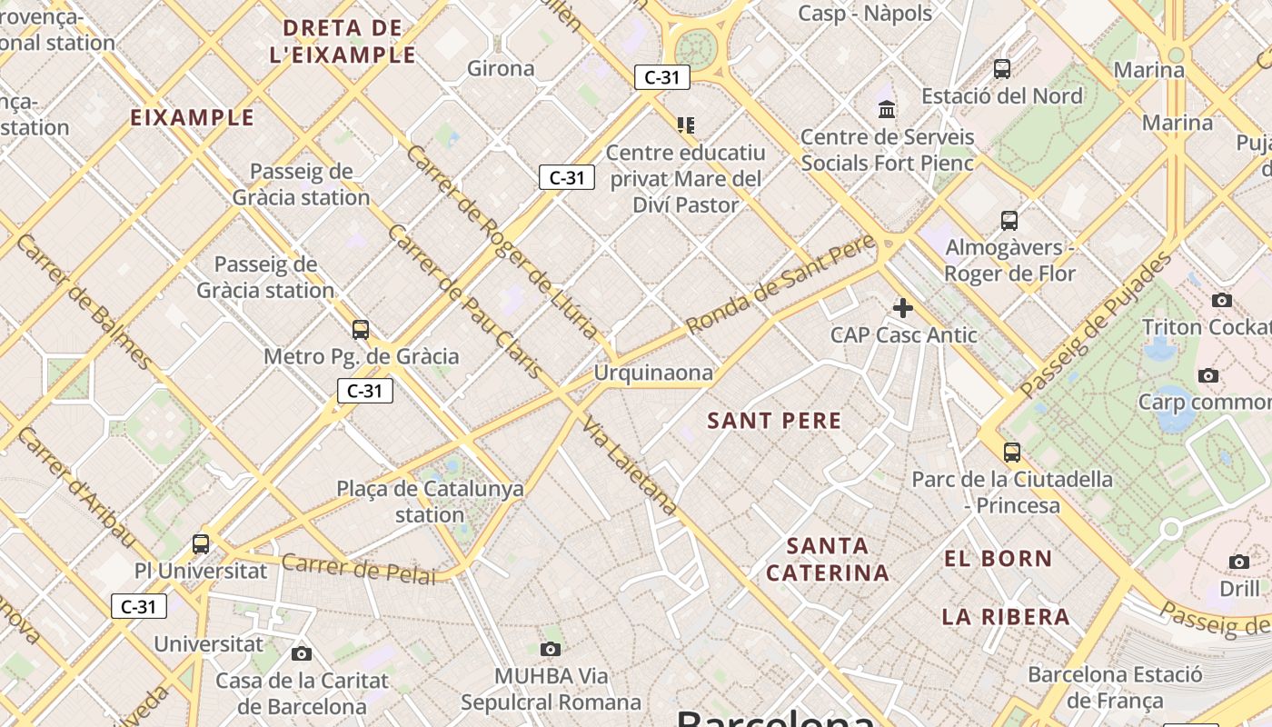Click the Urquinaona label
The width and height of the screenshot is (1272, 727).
(x=653, y=373)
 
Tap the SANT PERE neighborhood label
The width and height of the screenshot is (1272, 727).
(x=774, y=421)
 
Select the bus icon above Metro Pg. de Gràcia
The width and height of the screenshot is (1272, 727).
(x=361, y=330)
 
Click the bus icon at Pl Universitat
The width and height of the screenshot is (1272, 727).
(x=201, y=544)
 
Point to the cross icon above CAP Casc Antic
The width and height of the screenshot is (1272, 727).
(x=902, y=308)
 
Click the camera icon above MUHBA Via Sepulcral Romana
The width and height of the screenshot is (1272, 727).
(x=550, y=649)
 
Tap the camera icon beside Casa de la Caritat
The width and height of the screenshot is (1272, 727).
(x=302, y=653)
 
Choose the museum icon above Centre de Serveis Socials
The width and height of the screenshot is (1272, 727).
(x=887, y=110)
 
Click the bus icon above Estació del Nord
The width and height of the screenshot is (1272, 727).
(x=1002, y=68)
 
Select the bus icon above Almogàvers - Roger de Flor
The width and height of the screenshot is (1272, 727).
(x=1009, y=220)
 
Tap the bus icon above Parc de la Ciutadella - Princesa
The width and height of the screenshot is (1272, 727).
(x=1012, y=452)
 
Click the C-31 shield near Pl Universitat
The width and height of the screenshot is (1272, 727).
(x=139, y=606)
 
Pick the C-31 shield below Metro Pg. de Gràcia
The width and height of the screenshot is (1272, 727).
(x=365, y=391)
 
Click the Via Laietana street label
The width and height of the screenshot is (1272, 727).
(x=630, y=465)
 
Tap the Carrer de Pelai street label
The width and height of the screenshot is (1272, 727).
(x=358, y=568)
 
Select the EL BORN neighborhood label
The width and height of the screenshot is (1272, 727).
(x=998, y=559)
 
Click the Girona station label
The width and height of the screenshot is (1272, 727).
(x=501, y=68)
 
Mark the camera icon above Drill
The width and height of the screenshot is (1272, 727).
(x=1239, y=563)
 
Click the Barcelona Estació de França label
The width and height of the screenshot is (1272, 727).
(x=1115, y=688)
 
